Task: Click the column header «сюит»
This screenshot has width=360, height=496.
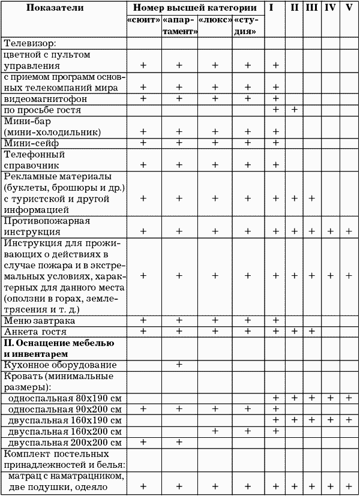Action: [143, 20]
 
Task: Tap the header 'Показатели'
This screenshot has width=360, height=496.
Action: [64, 8]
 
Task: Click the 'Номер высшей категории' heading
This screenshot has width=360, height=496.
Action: [196, 8]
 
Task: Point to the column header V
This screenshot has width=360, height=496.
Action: [349, 8]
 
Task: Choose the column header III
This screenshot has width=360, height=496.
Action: [312, 8]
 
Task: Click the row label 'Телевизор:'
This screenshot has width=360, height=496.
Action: [30, 43]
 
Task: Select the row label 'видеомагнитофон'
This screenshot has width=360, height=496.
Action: [46, 98]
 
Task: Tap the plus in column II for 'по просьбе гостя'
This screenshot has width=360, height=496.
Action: [295, 110]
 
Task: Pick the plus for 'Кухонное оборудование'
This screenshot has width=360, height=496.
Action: [179, 365]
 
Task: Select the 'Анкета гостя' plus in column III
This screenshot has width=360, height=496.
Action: [312, 331]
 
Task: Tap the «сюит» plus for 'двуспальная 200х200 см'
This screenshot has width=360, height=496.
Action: [143, 442]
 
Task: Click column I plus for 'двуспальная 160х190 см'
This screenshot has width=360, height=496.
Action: [275, 420]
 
